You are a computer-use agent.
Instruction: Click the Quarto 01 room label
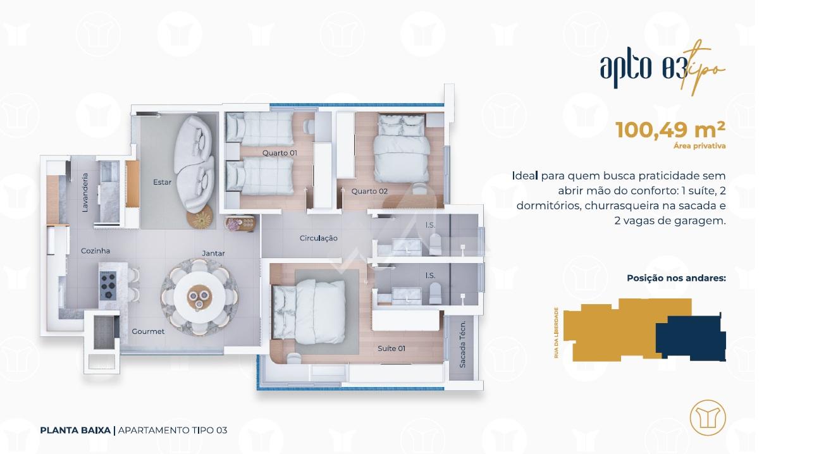pos(280,153)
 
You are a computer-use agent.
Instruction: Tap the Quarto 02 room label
pos(369,191)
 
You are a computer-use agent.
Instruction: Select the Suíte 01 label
pos(391,348)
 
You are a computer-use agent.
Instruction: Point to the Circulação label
pos(319,238)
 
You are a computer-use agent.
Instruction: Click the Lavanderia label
pos(85,193)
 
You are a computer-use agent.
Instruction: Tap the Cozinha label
pos(95,251)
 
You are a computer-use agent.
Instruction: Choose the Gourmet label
pos(148,331)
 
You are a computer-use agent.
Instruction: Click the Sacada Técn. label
pos(462,344)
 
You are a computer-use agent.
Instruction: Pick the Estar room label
pos(162,182)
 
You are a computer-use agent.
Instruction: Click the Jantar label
pos(214,254)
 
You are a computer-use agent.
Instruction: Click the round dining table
pos(200,297)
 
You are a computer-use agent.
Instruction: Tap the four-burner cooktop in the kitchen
pos(108,285)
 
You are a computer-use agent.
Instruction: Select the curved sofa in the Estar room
pos(194,164)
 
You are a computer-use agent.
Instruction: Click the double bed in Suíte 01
pos(309,312)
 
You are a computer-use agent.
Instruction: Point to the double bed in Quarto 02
pos(402,148)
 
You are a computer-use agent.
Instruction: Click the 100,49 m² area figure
pos(670,130)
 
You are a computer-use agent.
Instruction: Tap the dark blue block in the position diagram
pos(691,338)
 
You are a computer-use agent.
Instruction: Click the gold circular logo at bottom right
pos(708,417)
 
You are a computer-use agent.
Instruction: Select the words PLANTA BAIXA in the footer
pos(75,430)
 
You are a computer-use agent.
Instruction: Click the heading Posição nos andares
pos(677,278)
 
